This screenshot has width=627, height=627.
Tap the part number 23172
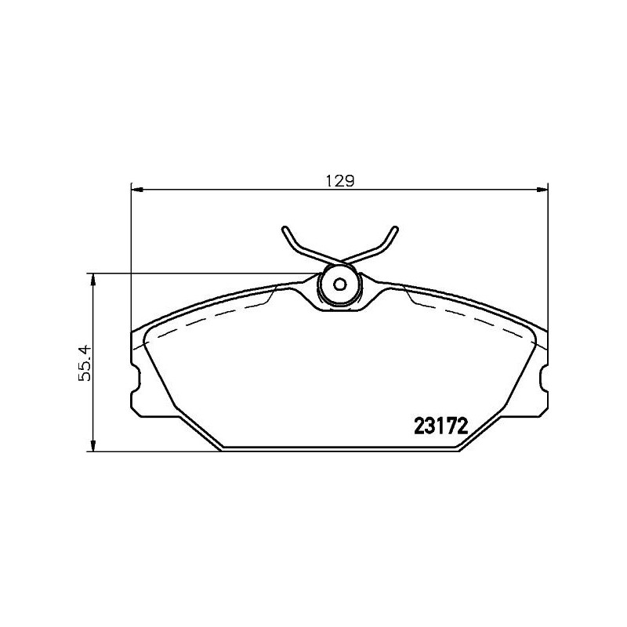click(440, 426)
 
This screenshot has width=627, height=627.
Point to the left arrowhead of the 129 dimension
click(135, 189)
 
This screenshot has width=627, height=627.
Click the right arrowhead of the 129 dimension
click(543, 189)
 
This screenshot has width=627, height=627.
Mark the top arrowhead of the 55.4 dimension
click(94, 278)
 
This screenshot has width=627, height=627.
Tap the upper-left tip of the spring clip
click(284, 230)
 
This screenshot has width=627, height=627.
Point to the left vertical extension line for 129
click(130, 259)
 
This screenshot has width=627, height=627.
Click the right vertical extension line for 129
click(548, 259)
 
